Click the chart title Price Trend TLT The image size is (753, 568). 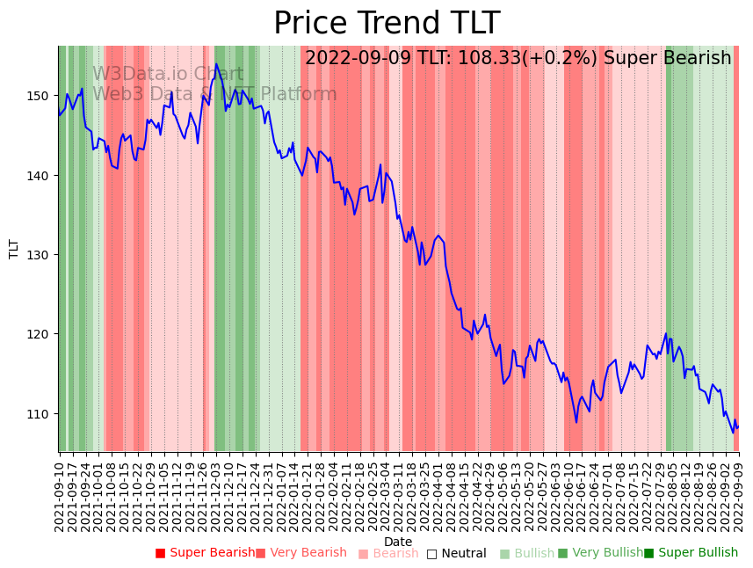(x=387, y=24)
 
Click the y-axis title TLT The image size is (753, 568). (x=14, y=249)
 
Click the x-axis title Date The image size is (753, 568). (x=398, y=542)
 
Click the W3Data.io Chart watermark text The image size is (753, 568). (x=168, y=74)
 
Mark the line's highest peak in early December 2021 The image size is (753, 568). (x=216, y=64)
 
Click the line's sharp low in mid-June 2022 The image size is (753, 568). (x=576, y=422)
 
